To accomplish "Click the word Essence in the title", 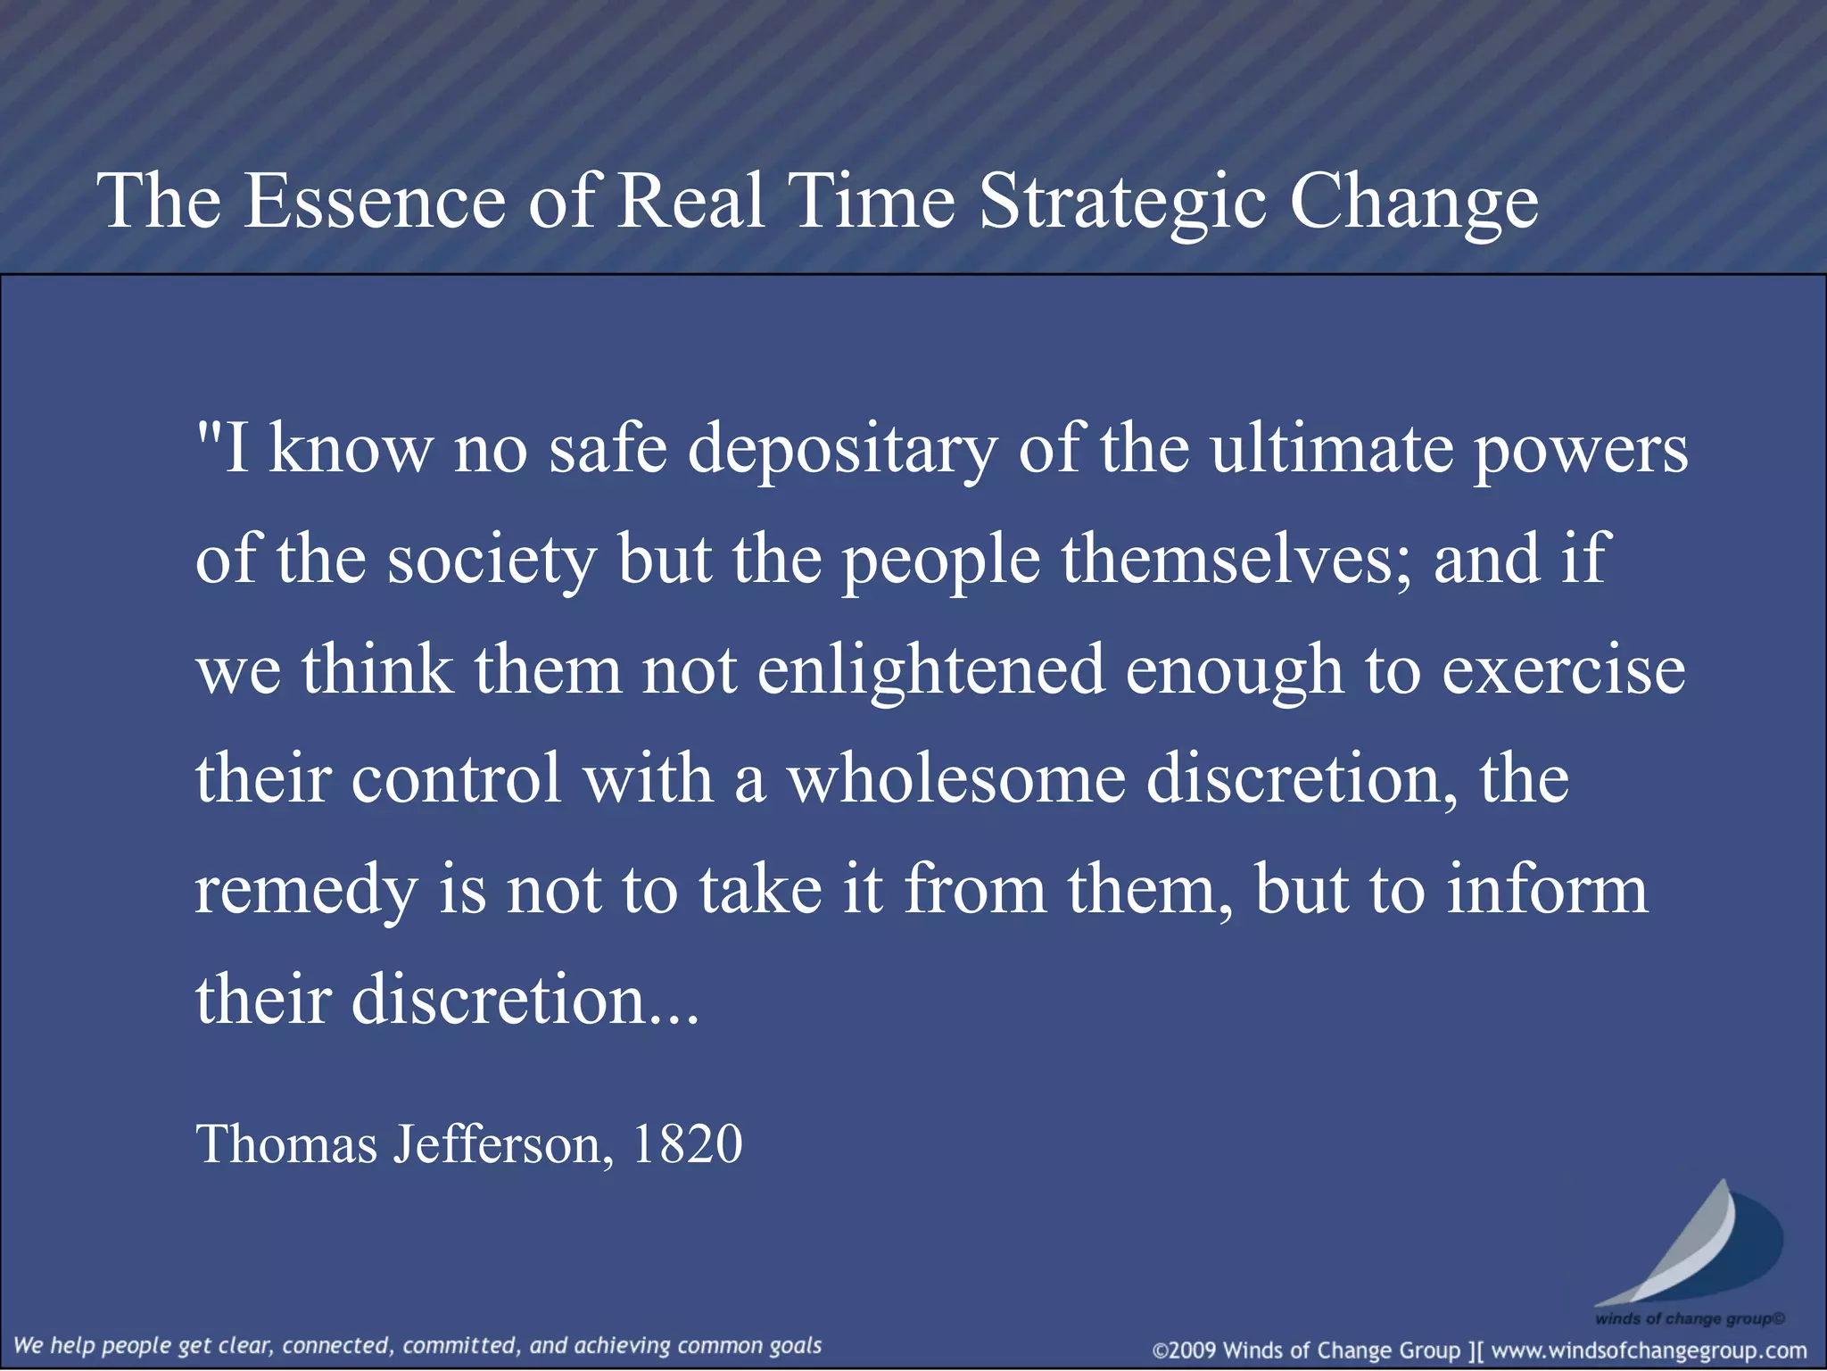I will click(375, 201).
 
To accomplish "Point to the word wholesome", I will click(955, 779).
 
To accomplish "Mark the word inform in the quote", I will click(1547, 889).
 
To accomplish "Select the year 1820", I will click(687, 1144).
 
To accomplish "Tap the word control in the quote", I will click(456, 779).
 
